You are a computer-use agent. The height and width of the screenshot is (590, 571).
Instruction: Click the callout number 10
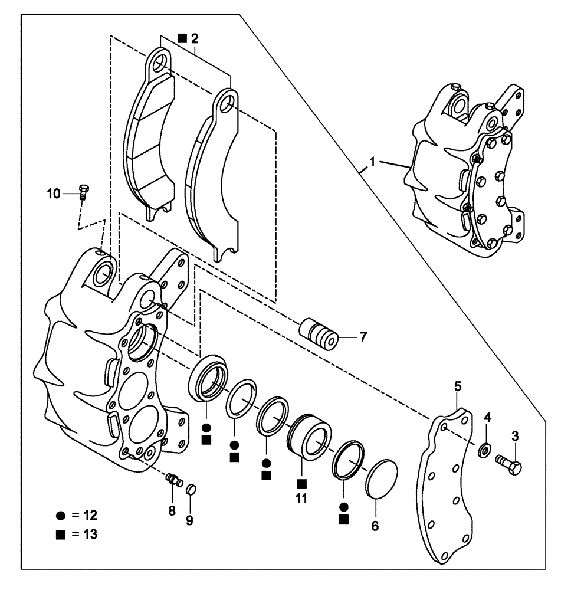(54, 193)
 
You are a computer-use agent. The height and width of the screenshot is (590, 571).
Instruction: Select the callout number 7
(363, 337)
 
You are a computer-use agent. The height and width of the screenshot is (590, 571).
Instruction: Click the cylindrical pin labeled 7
(319, 334)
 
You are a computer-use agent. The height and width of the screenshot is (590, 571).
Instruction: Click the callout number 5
(458, 386)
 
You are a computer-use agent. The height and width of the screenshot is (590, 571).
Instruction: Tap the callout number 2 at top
(195, 39)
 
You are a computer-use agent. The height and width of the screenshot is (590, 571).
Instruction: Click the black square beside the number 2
(182, 39)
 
